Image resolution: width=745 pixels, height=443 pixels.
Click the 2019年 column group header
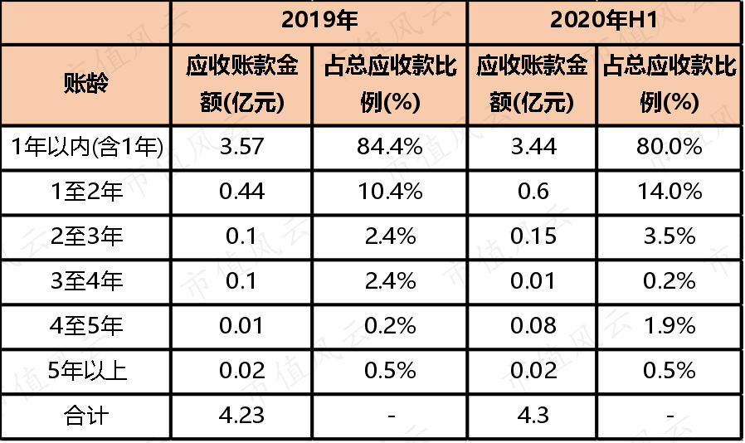319,21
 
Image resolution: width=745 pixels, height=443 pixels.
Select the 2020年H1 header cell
604,21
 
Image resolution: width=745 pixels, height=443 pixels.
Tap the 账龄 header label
86,84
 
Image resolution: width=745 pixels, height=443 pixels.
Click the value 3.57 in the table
242,146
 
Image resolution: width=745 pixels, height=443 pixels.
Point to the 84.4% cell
390,146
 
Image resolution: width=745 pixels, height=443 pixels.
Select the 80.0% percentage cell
670,146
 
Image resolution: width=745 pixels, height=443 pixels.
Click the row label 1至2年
86,191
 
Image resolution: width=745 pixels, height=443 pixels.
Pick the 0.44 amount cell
242,191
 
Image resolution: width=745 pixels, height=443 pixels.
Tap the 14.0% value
670,191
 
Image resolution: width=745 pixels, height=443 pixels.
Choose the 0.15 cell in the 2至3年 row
533,236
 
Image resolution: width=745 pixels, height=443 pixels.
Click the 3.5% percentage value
670,236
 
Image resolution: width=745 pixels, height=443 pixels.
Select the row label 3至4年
86,281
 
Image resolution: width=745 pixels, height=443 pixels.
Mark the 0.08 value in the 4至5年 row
533,325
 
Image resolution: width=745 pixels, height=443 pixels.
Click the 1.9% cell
670,325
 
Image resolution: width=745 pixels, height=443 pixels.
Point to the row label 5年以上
87,371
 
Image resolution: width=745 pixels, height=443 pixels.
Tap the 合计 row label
86,416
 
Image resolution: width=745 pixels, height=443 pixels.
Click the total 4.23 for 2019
242,415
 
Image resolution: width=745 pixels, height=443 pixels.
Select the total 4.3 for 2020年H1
533,415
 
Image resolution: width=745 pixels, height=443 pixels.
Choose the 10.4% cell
390,191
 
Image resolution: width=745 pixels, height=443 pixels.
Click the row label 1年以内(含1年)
86,146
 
